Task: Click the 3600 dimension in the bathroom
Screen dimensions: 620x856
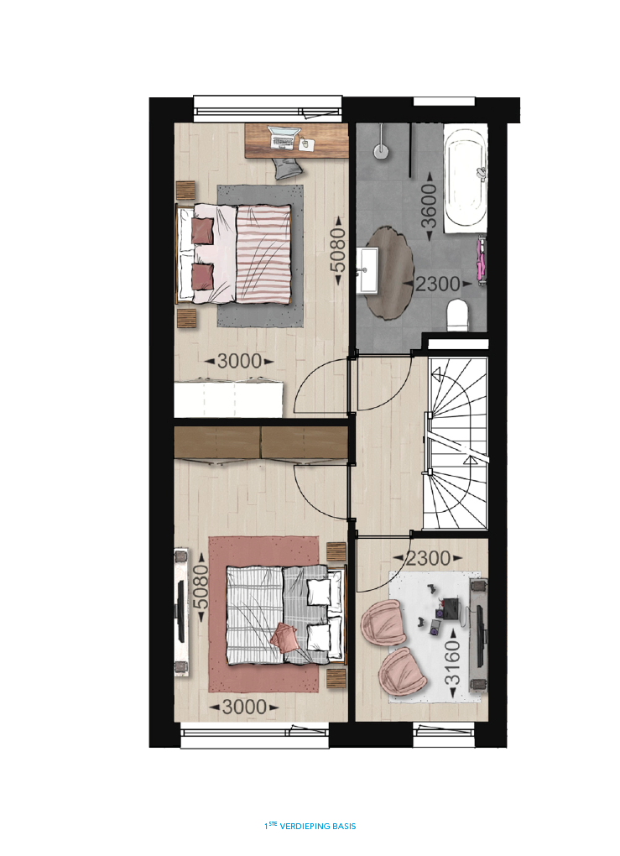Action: click(x=429, y=206)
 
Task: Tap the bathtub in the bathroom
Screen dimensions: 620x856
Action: click(x=465, y=178)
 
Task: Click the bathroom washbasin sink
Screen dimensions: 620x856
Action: click(x=367, y=269)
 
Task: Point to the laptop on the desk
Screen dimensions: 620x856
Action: click(x=284, y=137)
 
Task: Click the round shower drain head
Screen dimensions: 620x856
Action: click(x=382, y=150)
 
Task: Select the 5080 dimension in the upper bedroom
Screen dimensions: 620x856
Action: click(x=338, y=250)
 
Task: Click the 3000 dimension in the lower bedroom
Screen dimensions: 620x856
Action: click(x=244, y=707)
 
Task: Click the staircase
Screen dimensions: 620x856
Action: click(x=456, y=443)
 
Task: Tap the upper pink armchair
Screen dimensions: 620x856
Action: click(x=383, y=623)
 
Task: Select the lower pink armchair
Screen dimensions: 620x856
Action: click(x=402, y=671)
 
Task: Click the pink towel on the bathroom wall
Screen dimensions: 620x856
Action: click(x=482, y=259)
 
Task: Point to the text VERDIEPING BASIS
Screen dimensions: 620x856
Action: click(x=318, y=826)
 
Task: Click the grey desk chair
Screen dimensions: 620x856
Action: click(x=288, y=169)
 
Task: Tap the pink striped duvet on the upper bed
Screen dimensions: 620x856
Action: click(x=263, y=254)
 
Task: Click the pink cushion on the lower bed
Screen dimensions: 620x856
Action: click(x=284, y=637)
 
